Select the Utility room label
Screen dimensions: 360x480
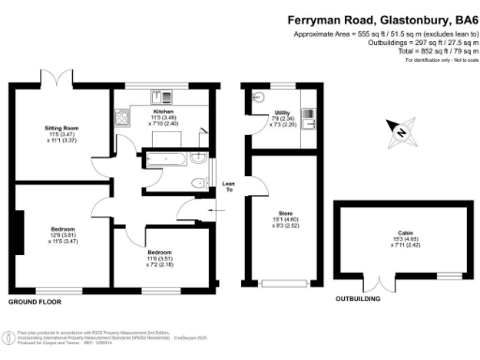[x=280, y=112]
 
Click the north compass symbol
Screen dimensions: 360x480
[x=401, y=133]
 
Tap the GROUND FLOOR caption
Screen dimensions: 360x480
[x=36, y=302]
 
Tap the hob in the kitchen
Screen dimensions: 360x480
[x=121, y=117]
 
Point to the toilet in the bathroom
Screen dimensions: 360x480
[x=197, y=182]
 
